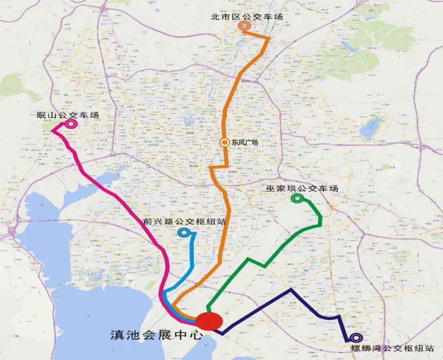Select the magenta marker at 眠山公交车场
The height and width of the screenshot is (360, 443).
coord(71,123)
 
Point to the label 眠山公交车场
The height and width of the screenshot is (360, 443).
coord(68,115)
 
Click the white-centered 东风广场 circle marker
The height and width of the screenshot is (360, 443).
coord(224,143)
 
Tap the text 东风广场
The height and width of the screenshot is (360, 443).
coord(245,143)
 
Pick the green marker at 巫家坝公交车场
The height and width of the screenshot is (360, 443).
coord(297,198)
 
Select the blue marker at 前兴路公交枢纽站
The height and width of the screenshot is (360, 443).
coord(183,233)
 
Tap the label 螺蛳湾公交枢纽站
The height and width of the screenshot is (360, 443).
coord(393,349)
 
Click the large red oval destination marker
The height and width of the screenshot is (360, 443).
coord(209,321)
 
